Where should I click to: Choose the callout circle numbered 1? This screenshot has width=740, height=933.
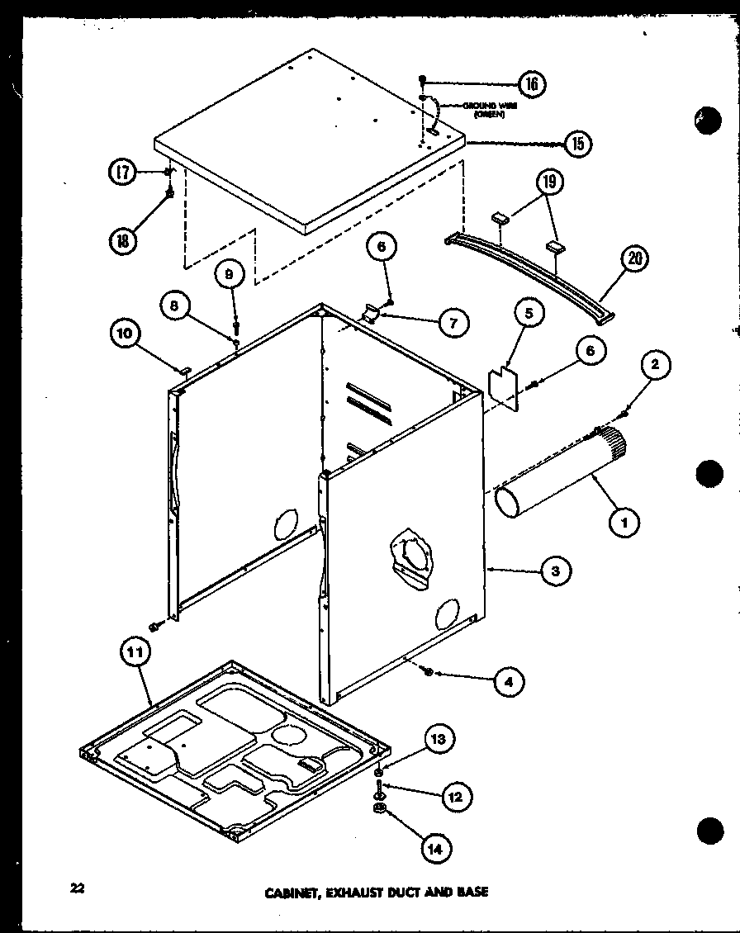click(x=624, y=521)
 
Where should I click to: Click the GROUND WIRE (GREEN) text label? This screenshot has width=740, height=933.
click(x=483, y=110)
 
